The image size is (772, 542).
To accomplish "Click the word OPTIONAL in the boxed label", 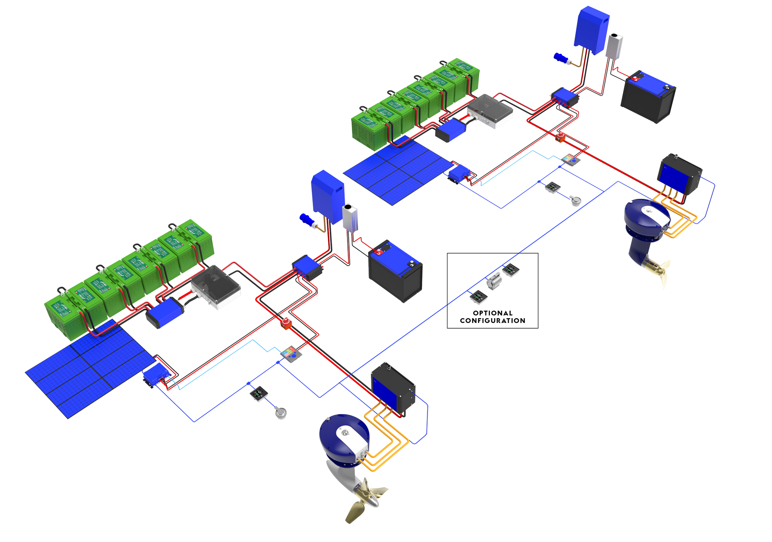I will click(x=492, y=313).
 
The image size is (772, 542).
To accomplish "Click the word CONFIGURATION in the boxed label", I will click(x=492, y=321).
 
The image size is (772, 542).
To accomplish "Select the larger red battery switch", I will click(x=286, y=323).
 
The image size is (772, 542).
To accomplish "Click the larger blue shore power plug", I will click(x=307, y=220).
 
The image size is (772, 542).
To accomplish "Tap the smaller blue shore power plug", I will click(x=561, y=58).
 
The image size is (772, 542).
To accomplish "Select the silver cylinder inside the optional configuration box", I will click(x=493, y=281).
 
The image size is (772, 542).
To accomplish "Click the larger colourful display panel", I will click(x=291, y=354).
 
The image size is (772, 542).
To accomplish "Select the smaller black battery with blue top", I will click(x=648, y=96).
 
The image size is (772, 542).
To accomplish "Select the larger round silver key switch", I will click(x=281, y=413).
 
